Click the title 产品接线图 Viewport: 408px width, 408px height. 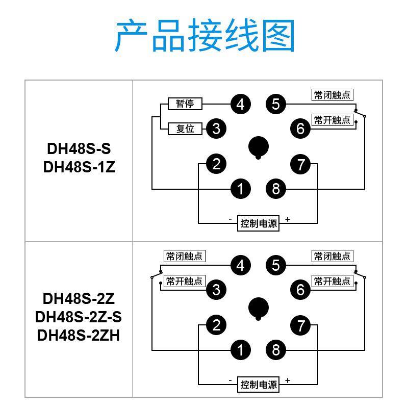click(x=205, y=36)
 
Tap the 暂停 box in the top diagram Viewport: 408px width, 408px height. click(x=185, y=104)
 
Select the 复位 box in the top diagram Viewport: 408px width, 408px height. click(x=185, y=129)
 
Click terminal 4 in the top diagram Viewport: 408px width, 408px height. click(x=240, y=105)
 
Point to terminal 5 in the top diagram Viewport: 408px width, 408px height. click(x=276, y=105)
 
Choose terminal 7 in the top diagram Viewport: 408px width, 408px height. click(x=300, y=165)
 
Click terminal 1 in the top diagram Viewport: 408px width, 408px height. click(x=240, y=189)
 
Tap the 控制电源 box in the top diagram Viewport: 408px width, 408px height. click(x=259, y=223)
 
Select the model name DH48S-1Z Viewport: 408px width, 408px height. click(x=79, y=167)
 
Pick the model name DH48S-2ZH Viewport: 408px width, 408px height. click(x=79, y=335)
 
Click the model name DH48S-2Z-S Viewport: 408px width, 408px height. click(x=79, y=317)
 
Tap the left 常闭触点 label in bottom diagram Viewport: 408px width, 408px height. click(x=184, y=256)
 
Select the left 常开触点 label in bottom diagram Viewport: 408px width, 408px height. click(x=184, y=281)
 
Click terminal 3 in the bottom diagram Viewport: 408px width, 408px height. click(x=216, y=290)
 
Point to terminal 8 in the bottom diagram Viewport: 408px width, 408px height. click(x=276, y=350)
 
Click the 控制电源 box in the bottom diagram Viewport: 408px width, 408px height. click(x=259, y=385)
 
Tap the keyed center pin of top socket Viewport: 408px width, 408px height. click(x=259, y=147)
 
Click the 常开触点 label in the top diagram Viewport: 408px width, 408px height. click(x=333, y=120)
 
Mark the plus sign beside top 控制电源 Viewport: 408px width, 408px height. click(x=288, y=219)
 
